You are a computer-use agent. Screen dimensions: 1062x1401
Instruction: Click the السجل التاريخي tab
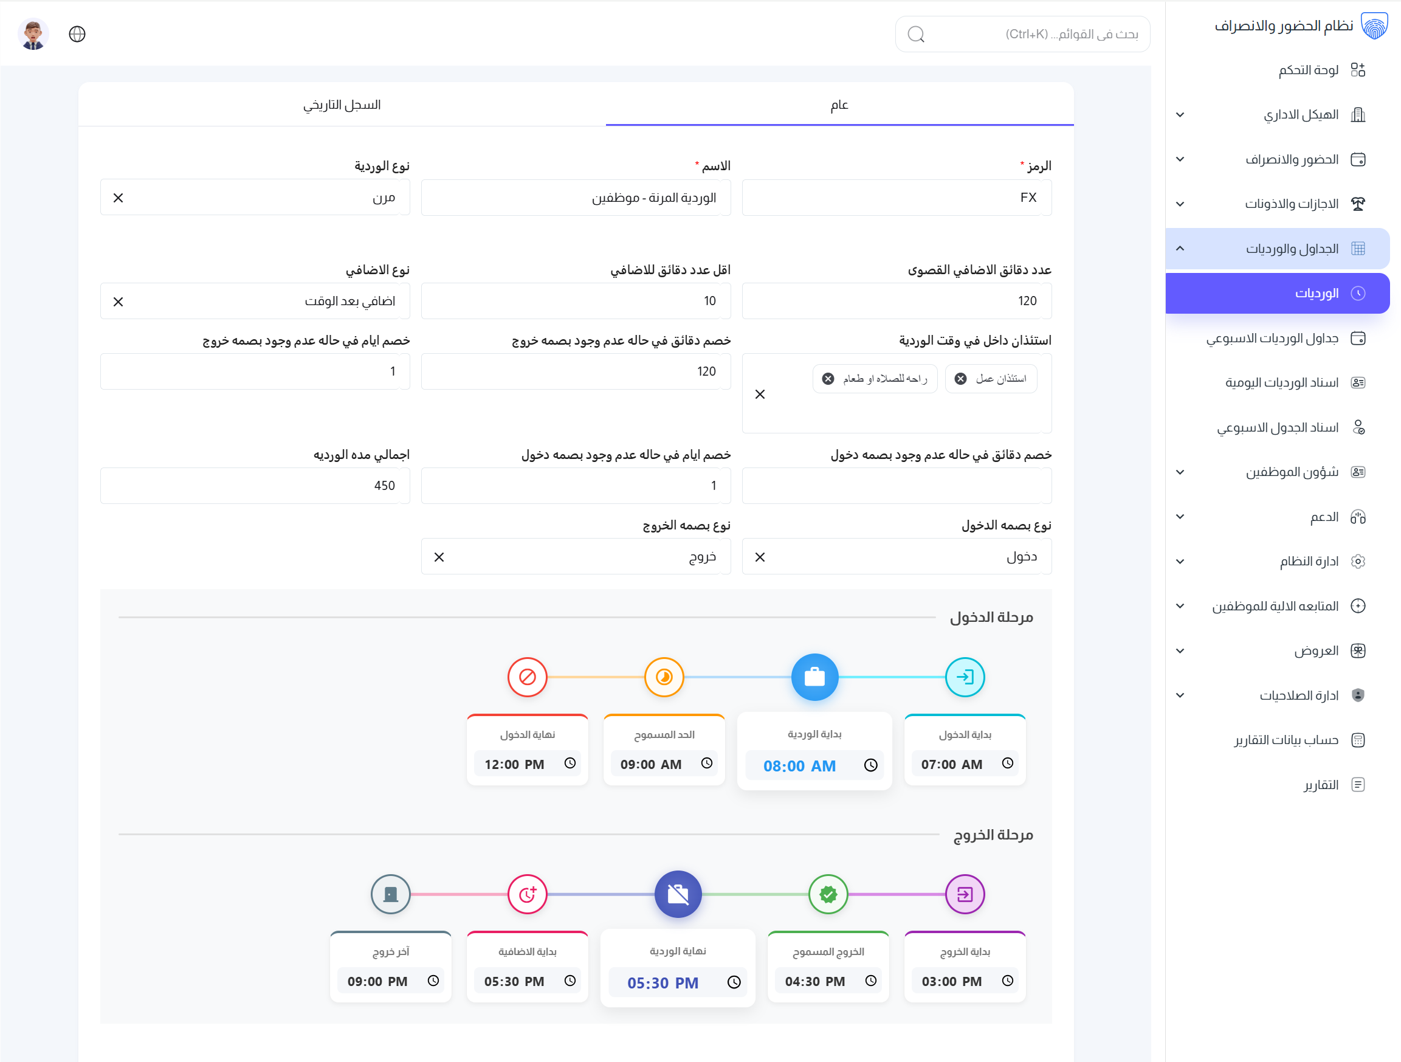342,105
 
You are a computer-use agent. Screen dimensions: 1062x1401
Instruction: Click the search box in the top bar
1022,34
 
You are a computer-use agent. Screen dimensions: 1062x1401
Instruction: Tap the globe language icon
77,34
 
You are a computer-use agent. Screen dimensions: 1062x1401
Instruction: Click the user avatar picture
33,34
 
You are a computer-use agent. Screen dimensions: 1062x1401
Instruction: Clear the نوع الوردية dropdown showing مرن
119,198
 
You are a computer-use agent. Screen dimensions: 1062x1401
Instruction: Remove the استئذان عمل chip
961,379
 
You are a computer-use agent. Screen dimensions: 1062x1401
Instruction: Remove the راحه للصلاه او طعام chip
828,379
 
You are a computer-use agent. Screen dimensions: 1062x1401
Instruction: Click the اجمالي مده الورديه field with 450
255,486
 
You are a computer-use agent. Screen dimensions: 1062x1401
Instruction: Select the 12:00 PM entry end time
514,764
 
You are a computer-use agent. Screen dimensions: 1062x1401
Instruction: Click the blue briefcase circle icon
814,677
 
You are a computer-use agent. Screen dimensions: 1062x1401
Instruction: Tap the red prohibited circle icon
527,677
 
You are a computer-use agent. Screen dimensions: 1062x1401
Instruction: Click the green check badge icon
828,894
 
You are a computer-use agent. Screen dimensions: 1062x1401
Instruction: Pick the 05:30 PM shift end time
663,983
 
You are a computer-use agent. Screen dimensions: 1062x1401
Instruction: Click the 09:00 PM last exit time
377,982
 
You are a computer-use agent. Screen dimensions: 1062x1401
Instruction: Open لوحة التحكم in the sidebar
1308,70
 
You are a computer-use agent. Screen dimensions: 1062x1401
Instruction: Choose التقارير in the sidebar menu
1321,785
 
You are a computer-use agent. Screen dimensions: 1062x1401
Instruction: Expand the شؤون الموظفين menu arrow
1180,472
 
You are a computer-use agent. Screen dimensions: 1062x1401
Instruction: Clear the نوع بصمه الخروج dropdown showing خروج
439,557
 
